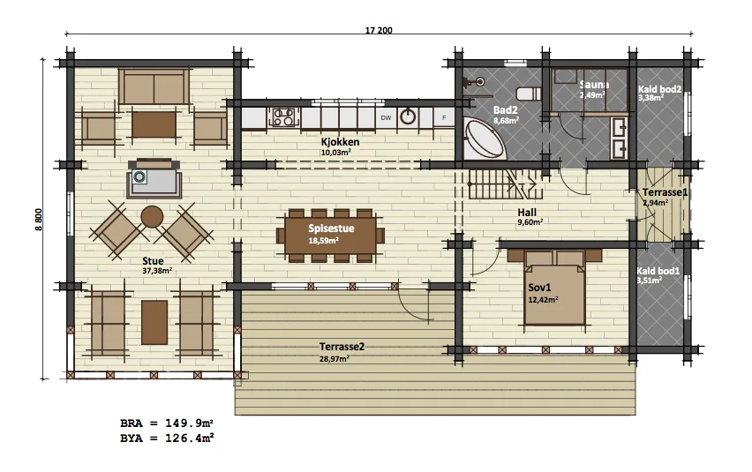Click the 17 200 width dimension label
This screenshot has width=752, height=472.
click(379, 30)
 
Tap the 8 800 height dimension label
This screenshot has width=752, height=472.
click(38, 219)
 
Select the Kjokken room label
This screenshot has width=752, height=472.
click(340, 142)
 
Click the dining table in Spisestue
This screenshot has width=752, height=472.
click(330, 236)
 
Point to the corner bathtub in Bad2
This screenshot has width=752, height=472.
click(485, 140)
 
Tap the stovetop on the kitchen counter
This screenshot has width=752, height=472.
click(283, 117)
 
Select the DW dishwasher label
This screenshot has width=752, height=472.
click(386, 118)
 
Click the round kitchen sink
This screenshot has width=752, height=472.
click(408, 116)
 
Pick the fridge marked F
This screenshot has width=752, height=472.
click(444, 117)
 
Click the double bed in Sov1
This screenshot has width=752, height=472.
click(555, 288)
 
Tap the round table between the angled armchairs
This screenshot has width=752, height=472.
click(152, 217)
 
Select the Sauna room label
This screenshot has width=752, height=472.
click(594, 85)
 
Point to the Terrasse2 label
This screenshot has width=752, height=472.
click(342, 347)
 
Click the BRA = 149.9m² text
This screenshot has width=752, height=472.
click(167, 423)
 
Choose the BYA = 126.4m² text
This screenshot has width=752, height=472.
click(167, 438)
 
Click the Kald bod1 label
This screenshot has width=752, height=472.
click(658, 271)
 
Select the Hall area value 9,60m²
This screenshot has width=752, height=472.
click(530, 222)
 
